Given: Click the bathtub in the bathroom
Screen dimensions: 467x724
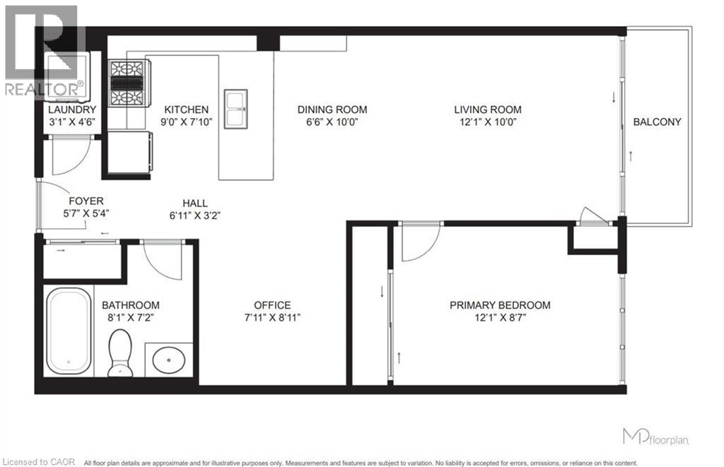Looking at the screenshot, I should click(69, 333).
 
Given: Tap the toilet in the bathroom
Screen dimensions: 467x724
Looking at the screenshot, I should click(121, 353).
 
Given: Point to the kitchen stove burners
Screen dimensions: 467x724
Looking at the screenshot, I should click(127, 82).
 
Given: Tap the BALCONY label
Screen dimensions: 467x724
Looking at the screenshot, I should click(657, 122).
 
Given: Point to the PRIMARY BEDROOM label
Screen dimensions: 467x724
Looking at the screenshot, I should click(500, 305).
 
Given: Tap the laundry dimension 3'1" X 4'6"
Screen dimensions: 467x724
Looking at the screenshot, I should click(71, 122).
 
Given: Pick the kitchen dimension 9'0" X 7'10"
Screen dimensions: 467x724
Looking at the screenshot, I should click(186, 122).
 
